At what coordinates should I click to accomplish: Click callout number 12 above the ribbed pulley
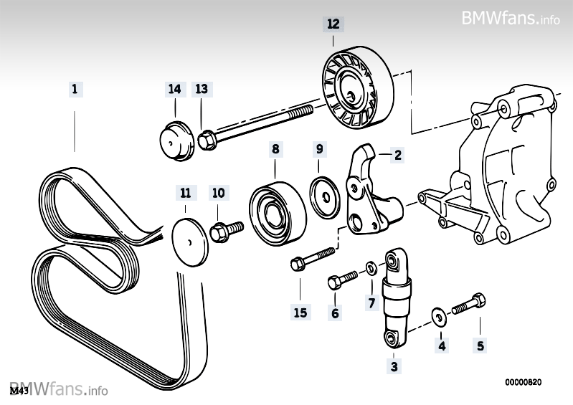click(333, 23)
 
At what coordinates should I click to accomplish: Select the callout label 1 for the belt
click(74, 90)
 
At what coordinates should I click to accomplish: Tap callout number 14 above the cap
click(174, 89)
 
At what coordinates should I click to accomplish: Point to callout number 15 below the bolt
click(300, 312)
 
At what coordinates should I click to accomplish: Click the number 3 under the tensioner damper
click(393, 367)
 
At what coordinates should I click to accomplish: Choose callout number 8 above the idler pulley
click(276, 150)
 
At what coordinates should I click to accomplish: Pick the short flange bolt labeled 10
click(224, 231)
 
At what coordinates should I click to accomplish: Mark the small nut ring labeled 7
click(369, 269)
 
